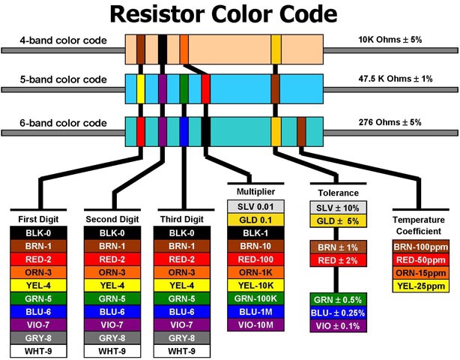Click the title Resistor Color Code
[229, 15]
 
